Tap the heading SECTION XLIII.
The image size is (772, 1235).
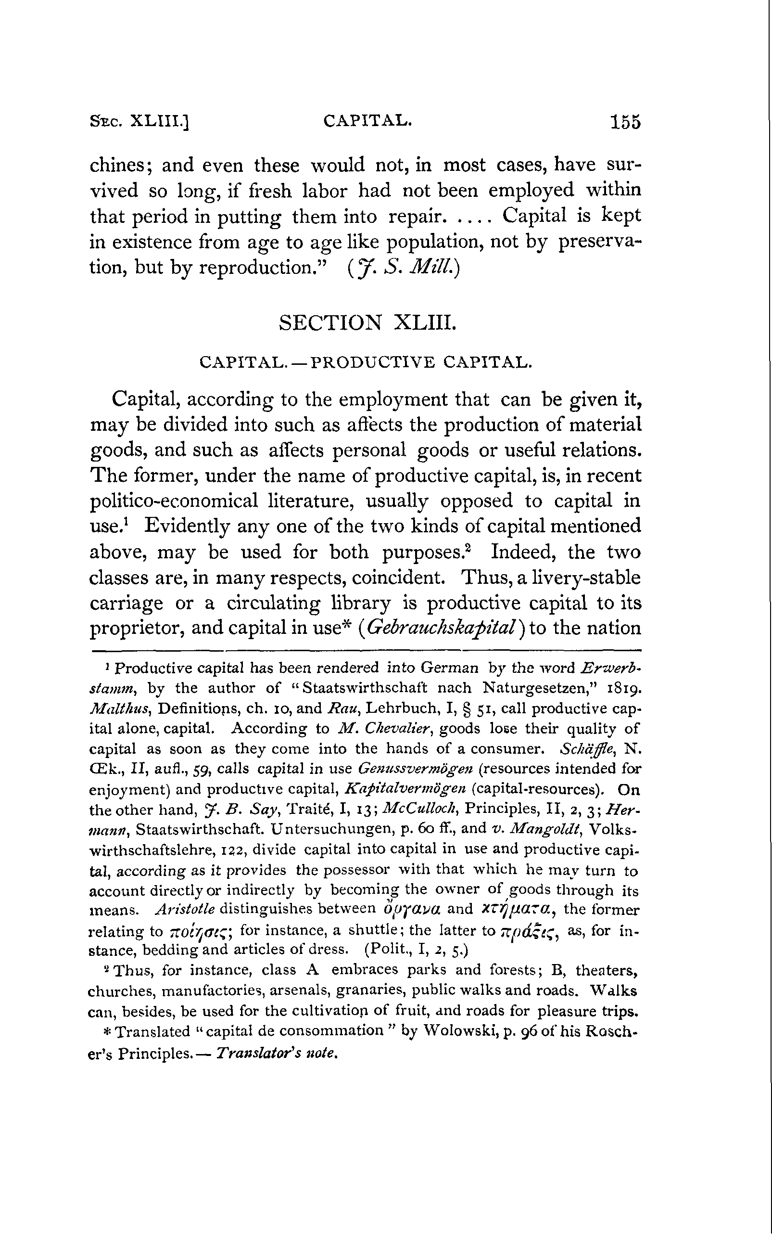(x=366, y=322)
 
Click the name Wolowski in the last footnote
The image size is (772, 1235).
(x=454, y=1032)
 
